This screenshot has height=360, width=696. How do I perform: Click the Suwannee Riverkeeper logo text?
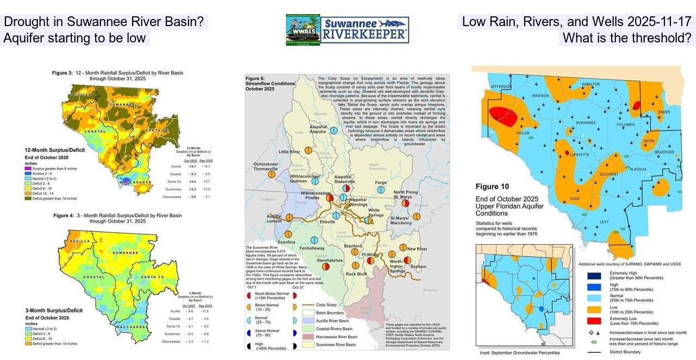pyautogui.click(x=364, y=30)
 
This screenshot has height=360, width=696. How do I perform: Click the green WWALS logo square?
pyautogui.click(x=303, y=30)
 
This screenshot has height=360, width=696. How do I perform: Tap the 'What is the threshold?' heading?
pyautogui.click(x=627, y=38)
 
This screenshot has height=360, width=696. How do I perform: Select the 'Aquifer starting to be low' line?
pyautogui.click(x=75, y=38)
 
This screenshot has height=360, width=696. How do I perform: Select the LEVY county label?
pyautogui.click(x=604, y=222)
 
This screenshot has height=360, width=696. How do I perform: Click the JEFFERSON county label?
pyautogui.click(x=501, y=86)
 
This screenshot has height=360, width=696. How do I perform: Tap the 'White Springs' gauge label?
pyautogui.click(x=376, y=212)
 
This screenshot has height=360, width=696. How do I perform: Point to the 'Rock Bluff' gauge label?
pyautogui.click(x=356, y=274)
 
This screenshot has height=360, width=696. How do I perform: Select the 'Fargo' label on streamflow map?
pyautogui.click(x=381, y=183)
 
